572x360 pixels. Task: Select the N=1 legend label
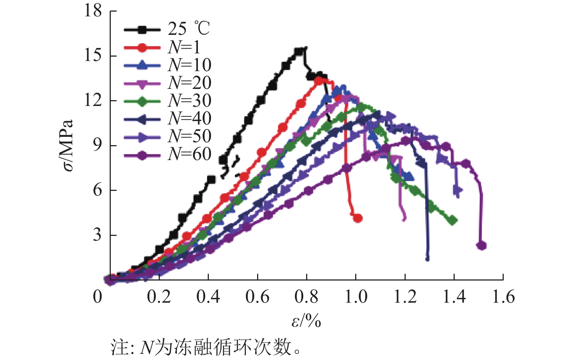point(184,47)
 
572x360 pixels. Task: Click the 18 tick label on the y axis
point(93,11)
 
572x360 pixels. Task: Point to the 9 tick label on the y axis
point(97,145)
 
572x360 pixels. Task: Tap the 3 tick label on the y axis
point(97,235)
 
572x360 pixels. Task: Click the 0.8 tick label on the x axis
point(306,297)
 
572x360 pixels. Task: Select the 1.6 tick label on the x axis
point(503,297)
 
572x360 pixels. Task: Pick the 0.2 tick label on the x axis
point(159,297)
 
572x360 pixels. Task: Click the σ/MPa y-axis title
point(68,145)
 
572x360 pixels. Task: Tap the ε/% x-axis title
point(306,320)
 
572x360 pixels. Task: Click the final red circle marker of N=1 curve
point(358,218)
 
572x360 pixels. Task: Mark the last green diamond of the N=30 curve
point(453,220)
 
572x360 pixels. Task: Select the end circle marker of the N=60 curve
point(482,246)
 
